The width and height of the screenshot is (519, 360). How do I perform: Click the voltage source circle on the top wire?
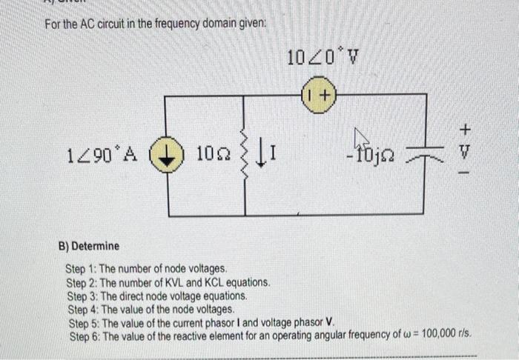(319, 95)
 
